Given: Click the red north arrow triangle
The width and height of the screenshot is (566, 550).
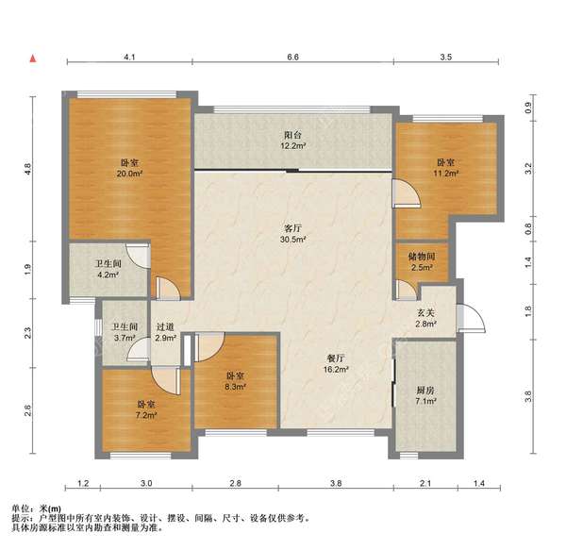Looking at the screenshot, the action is [33, 58].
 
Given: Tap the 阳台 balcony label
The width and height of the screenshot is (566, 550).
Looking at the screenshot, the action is [292, 135].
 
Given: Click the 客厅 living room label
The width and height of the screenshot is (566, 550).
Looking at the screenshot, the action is [292, 228].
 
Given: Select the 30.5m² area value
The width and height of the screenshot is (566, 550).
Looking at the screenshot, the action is [292, 240].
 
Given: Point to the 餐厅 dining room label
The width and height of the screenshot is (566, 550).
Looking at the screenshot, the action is [336, 358].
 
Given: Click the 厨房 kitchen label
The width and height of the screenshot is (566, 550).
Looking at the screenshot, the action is [425, 391].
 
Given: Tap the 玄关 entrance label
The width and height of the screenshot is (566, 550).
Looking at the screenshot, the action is [426, 313].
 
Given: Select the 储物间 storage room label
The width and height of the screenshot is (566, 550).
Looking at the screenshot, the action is [422, 257].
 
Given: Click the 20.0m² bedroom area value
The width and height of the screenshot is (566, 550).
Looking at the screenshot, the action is [129, 174].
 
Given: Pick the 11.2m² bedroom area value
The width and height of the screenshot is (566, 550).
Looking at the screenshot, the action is [446, 174].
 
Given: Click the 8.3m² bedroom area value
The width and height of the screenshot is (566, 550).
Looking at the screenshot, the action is [235, 387].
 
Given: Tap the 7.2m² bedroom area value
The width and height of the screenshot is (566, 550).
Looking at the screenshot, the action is [146, 415].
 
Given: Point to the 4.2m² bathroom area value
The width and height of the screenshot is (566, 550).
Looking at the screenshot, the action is [108, 275].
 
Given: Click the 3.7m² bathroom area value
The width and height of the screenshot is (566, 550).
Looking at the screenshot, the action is [125, 338].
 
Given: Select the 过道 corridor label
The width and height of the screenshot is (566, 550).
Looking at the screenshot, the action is [165, 327].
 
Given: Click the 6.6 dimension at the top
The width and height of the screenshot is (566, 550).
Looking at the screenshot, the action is [292, 57].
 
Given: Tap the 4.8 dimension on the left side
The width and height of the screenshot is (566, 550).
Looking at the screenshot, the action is [27, 169].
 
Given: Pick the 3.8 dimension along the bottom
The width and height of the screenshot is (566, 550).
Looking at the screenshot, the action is [336, 483].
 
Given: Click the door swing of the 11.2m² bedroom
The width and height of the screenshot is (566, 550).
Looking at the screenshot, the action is [408, 193].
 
